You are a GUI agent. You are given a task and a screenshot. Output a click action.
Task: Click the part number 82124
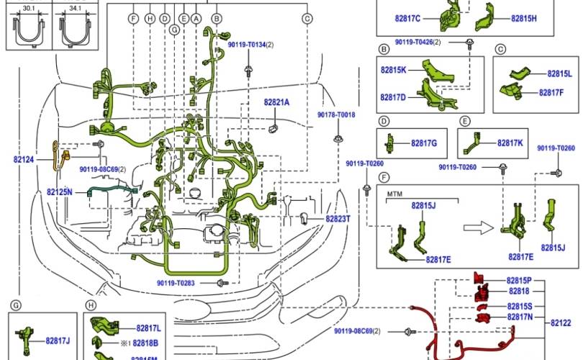click(x=23, y=159)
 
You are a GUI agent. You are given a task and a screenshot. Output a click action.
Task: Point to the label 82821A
click(x=276, y=103)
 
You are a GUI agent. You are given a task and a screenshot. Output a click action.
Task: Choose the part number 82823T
click(x=338, y=218)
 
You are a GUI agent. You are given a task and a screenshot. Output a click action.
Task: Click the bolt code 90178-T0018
click(x=336, y=115)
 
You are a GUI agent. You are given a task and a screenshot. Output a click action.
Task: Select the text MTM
click(x=395, y=194)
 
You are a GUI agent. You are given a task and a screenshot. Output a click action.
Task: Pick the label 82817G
click(x=424, y=143)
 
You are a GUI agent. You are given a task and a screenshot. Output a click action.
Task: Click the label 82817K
click(x=510, y=143)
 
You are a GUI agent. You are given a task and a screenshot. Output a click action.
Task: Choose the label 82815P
click(x=519, y=280)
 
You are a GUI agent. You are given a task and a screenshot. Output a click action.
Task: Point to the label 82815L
click(x=559, y=73)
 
